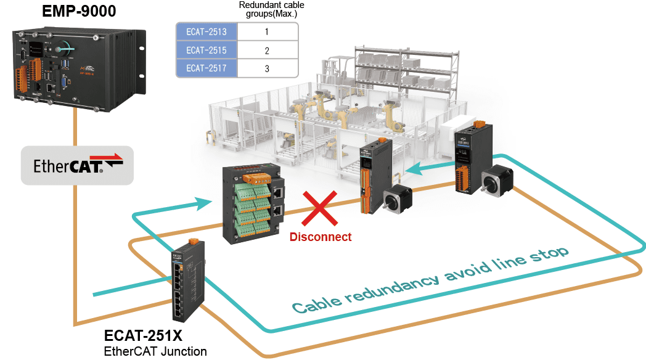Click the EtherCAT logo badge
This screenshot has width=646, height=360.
point(77,165)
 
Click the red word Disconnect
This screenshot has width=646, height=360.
point(321,237)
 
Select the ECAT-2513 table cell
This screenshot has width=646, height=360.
point(206,31)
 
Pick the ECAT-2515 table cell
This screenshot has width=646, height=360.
point(206,50)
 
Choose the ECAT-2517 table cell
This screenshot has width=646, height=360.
point(206,68)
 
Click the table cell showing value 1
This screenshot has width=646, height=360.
point(267,31)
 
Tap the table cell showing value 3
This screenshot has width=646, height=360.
point(267,68)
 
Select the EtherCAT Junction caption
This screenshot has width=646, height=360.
point(155,351)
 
